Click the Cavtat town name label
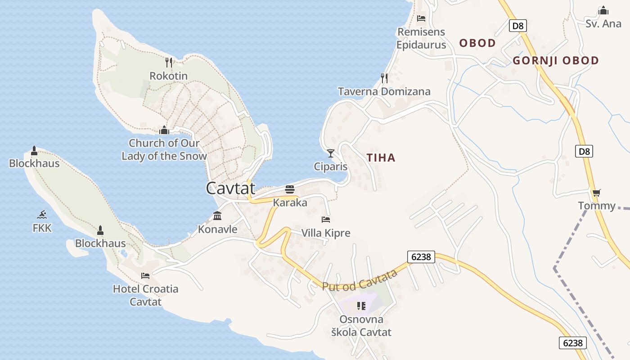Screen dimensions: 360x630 point(230,188)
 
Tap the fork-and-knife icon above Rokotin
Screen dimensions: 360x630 point(169,62)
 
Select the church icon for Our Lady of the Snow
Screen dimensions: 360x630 point(164,130)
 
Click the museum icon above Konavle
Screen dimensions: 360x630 point(218,216)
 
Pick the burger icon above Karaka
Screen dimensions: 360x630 point(290,189)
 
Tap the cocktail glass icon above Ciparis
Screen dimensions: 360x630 point(331,153)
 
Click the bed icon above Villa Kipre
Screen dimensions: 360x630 point(326,220)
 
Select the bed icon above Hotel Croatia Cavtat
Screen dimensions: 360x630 point(145,275)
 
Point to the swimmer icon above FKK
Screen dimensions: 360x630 point(42,215)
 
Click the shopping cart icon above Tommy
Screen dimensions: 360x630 point(597,193)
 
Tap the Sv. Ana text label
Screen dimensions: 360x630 point(603,23)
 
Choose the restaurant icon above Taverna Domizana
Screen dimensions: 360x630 point(384,78)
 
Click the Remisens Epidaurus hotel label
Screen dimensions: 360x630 point(421,38)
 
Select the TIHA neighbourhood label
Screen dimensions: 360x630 point(381,157)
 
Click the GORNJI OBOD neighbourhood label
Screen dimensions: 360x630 point(556,60)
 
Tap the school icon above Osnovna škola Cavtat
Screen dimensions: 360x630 point(361,306)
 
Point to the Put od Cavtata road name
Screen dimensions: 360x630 point(360,280)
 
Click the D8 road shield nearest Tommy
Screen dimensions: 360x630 point(584,151)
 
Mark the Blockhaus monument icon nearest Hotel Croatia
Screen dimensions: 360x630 point(100,230)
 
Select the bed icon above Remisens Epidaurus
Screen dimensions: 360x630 point(421,18)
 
